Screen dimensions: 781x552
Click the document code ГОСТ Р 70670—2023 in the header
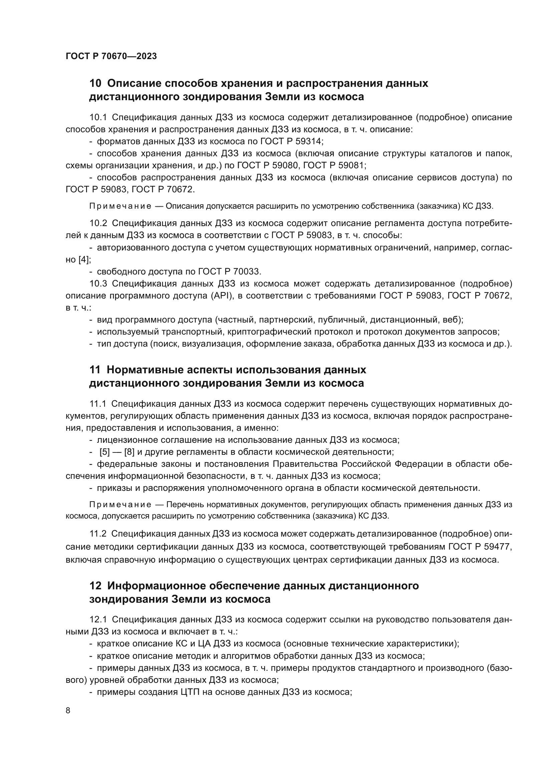[x=111, y=56]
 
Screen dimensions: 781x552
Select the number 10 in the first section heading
[x=95, y=83]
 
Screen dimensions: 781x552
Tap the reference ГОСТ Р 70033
[x=229, y=271]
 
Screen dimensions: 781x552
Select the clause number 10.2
[x=98, y=223]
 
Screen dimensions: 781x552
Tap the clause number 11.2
[x=98, y=534]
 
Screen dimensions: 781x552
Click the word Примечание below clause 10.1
[x=120, y=206]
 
